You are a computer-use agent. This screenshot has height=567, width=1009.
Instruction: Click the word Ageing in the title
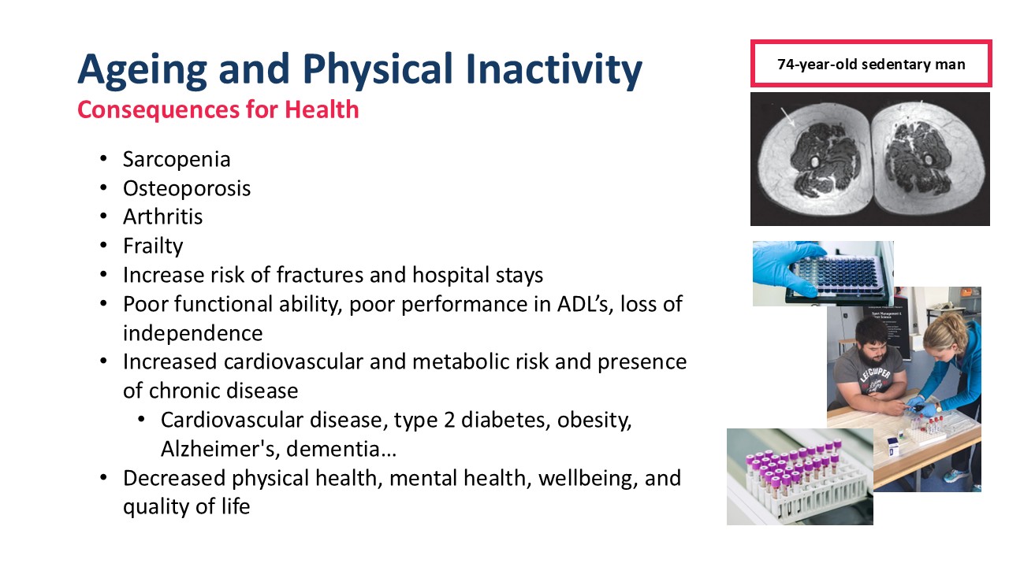pyautogui.click(x=143, y=70)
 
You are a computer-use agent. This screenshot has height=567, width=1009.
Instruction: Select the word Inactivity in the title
pyautogui.click(x=553, y=70)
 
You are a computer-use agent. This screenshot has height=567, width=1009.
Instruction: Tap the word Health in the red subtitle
pyautogui.click(x=322, y=109)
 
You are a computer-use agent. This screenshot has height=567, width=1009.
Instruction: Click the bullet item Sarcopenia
pyautogui.click(x=177, y=160)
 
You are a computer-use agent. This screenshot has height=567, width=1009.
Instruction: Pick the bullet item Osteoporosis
pyautogui.click(x=187, y=188)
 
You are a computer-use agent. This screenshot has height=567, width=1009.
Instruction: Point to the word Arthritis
pyautogui.click(x=162, y=217)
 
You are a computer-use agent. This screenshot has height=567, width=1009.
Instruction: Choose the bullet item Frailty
pyautogui.click(x=153, y=246)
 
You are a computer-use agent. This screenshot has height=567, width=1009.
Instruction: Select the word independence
pyautogui.click(x=193, y=333)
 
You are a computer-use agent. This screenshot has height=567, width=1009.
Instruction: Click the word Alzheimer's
pyautogui.click(x=220, y=449)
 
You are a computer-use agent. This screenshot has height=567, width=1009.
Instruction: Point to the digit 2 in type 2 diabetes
pyautogui.click(x=449, y=421)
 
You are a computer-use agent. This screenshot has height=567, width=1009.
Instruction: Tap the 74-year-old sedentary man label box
pyautogui.click(x=871, y=64)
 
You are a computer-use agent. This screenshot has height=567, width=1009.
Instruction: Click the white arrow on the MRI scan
pyautogui.click(x=787, y=117)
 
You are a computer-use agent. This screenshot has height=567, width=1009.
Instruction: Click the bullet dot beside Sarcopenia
pyautogui.click(x=103, y=159)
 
